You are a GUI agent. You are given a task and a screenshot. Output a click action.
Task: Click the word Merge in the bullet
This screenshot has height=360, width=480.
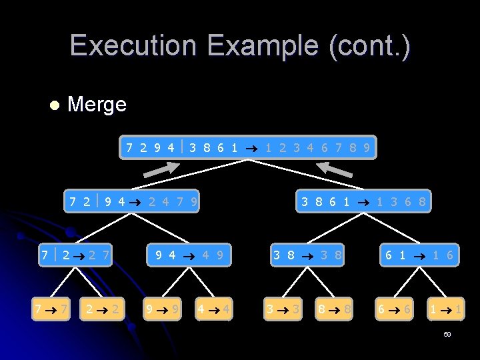pos(97,105)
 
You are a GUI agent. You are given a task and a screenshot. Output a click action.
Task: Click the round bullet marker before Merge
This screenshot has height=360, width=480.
pos(54,105)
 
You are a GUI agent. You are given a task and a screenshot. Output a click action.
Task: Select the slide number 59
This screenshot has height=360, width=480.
pos(447,334)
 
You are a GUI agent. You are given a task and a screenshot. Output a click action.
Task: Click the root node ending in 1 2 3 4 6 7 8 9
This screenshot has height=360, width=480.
pos(248,147)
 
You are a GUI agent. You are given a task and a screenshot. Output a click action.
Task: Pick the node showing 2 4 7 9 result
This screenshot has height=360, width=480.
pos(133,201)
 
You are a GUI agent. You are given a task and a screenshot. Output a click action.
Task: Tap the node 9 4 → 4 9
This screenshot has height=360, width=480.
pos(189,255)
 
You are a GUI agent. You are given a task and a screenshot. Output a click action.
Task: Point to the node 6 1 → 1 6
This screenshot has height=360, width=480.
pos(419,255)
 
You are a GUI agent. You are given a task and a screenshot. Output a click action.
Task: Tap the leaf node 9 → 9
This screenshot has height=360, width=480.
pos(162,309)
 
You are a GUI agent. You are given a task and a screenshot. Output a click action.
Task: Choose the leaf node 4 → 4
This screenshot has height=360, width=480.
pos(214,309)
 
